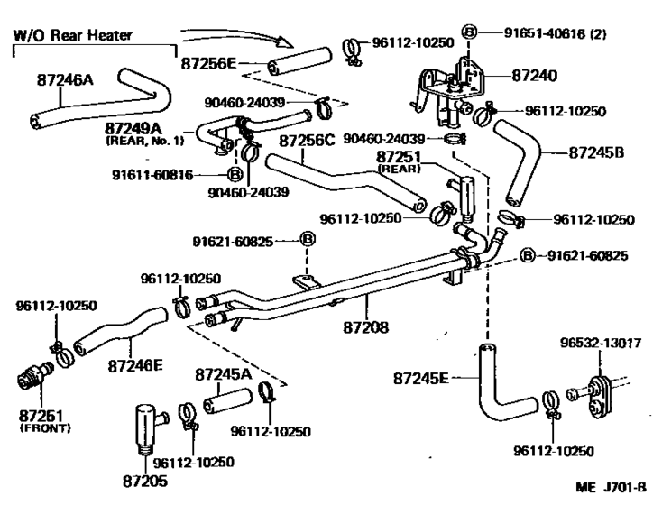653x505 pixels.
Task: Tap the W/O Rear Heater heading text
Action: pos(72,35)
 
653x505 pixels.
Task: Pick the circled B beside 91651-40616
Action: pos(469,33)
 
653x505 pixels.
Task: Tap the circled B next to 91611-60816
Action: pos(233,174)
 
